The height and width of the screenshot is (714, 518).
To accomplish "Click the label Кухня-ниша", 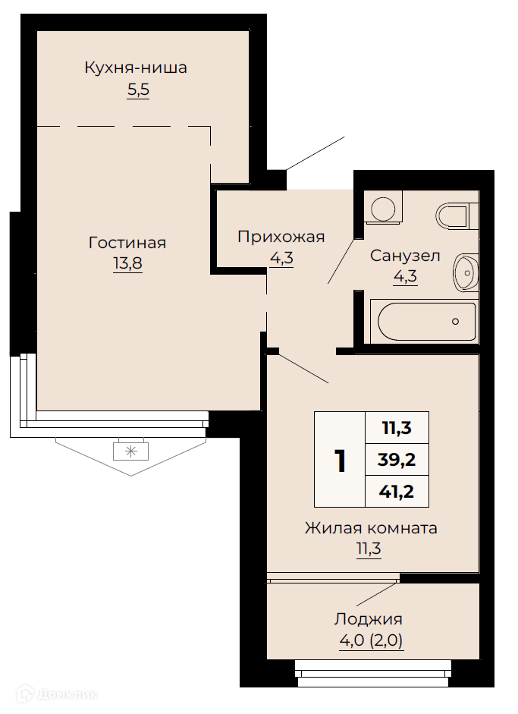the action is click(136, 68).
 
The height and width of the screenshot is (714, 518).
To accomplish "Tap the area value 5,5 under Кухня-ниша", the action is click(138, 90).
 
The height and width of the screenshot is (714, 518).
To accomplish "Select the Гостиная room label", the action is click(127, 243).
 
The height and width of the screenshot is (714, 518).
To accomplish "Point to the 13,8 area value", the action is click(127, 263).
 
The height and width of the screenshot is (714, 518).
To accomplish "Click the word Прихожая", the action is click(281, 237).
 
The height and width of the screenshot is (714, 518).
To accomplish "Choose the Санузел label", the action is click(405, 256).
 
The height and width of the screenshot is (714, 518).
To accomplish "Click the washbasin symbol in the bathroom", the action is click(466, 272).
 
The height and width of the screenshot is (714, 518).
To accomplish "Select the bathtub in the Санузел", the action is click(424, 321).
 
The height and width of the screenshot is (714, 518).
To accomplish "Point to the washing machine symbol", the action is click(383, 207).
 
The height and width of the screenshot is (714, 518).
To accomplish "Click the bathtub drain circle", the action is click(455, 322).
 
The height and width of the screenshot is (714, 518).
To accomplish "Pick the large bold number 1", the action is click(340, 461).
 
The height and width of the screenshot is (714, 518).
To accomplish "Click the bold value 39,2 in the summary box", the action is click(397, 460).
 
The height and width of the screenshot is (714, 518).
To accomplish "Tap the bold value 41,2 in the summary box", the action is click(397, 492).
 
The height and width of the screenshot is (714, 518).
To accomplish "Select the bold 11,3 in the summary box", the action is click(397, 428).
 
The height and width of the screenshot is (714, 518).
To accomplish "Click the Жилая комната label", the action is click(371, 528).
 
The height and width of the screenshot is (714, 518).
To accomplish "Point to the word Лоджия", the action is click(369, 619).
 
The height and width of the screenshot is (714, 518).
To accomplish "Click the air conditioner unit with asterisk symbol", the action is click(131, 451).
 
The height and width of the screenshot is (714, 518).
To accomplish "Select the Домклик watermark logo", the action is click(58, 694).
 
